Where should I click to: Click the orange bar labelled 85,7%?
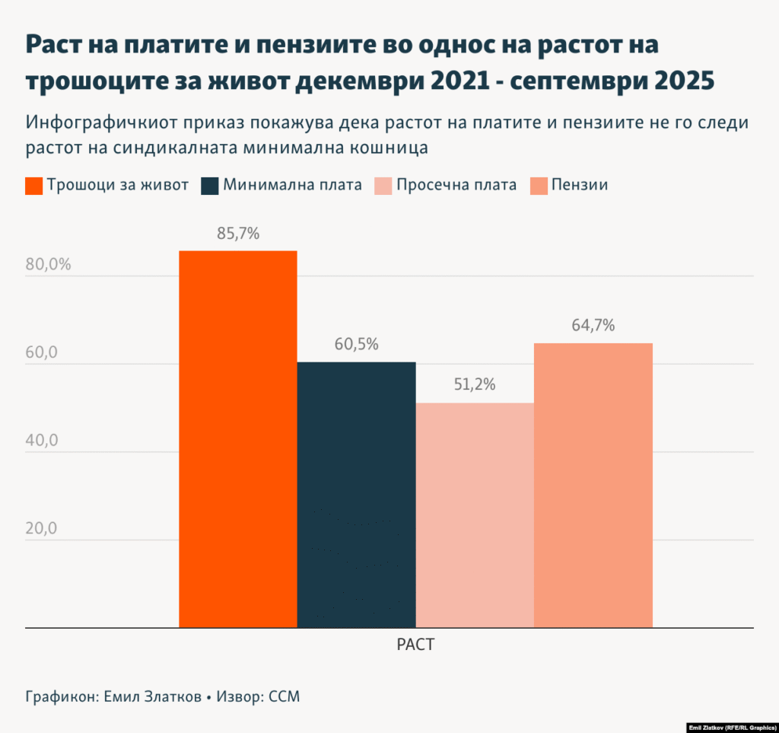[x=238, y=439]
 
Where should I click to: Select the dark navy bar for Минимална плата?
[x=357, y=495]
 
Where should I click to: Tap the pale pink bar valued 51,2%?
[x=475, y=515]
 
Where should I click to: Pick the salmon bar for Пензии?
[x=593, y=486]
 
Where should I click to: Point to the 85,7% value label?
[x=238, y=234]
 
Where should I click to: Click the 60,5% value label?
[x=357, y=344]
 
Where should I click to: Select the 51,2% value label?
[x=475, y=385]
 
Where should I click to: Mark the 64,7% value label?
[x=593, y=326]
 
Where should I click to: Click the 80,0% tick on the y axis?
[x=48, y=266]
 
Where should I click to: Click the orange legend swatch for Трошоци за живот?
[x=33, y=185]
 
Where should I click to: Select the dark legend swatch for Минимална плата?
[x=210, y=185]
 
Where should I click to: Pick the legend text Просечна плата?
[x=456, y=185]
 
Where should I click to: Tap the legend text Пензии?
[x=580, y=185]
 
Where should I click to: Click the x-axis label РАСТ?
[x=415, y=645]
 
